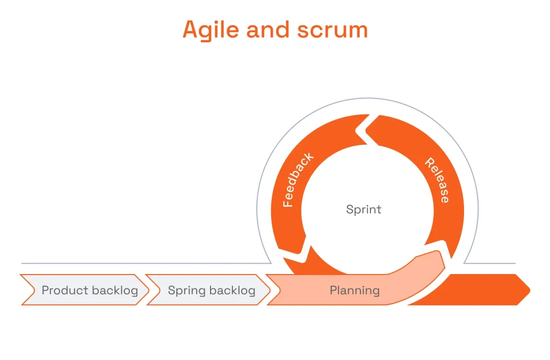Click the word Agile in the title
click(211, 30)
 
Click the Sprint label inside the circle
click(364, 209)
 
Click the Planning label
click(354, 291)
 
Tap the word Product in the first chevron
click(64, 291)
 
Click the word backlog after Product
click(113, 291)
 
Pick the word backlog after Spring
click(233, 291)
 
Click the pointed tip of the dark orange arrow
click(529, 290)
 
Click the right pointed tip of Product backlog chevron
click(148, 290)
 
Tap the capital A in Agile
click(190, 30)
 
